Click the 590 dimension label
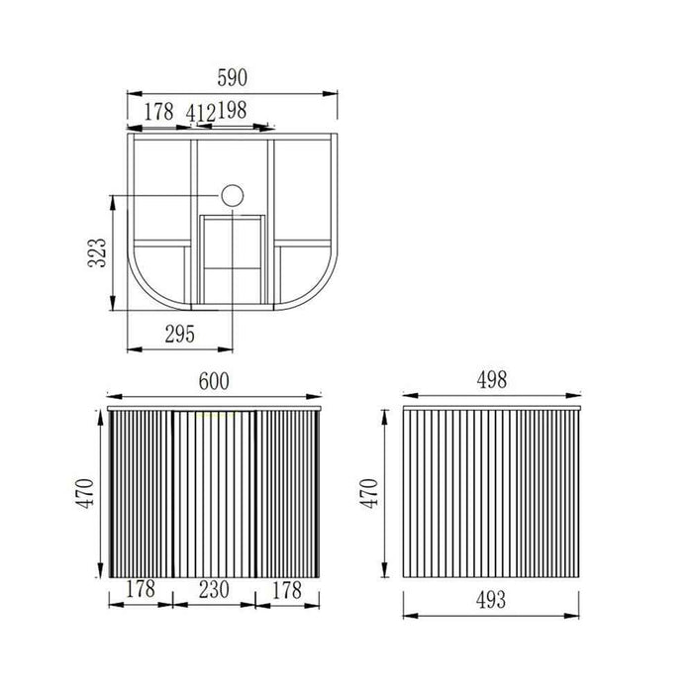(232, 78)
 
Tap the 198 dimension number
(232, 110)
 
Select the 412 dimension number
(201, 113)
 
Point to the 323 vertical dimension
(97, 252)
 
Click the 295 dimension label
(180, 335)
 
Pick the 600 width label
(214, 381)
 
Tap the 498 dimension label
(492, 379)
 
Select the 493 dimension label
(491, 600)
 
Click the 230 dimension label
(214, 590)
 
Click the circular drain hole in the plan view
(233, 195)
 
